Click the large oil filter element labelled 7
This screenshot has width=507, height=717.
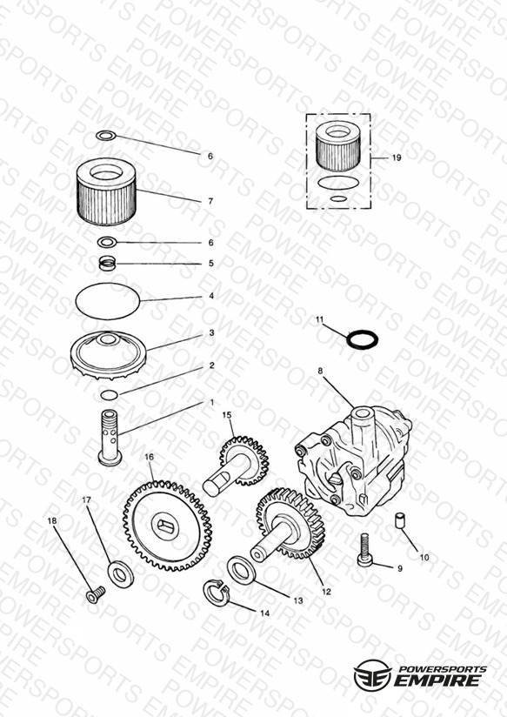pyautogui.click(x=106, y=191)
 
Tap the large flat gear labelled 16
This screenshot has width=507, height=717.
pyautogui.click(x=167, y=526)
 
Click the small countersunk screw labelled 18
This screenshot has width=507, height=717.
pyautogui.click(x=96, y=594)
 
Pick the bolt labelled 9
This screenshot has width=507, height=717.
pyautogui.click(x=365, y=551)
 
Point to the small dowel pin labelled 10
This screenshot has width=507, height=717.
pyautogui.click(x=401, y=520)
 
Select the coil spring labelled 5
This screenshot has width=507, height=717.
pyautogui.click(x=109, y=264)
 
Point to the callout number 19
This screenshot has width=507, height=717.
pyautogui.click(x=397, y=157)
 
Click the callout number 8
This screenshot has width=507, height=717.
pyautogui.click(x=320, y=371)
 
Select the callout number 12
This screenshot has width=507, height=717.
pyautogui.click(x=326, y=592)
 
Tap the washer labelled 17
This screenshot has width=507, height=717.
pyautogui.click(x=121, y=574)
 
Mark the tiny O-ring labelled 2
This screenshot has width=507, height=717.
pyautogui.click(x=110, y=394)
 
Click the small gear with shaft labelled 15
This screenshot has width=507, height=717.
pyautogui.click(x=237, y=466)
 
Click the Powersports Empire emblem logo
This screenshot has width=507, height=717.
pyautogui.click(x=372, y=675)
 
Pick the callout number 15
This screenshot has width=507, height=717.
pyautogui.click(x=227, y=415)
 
